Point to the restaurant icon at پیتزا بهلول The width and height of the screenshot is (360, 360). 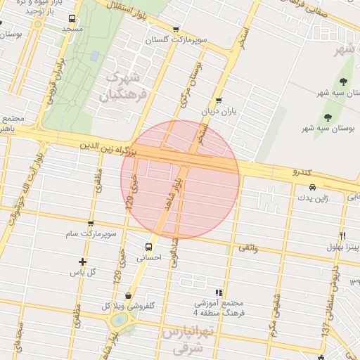coord(342,235)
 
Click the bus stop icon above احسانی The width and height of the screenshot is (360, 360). coord(148,247)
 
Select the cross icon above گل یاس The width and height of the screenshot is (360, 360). coord(83,262)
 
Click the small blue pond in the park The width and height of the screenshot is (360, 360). coord(94,56)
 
